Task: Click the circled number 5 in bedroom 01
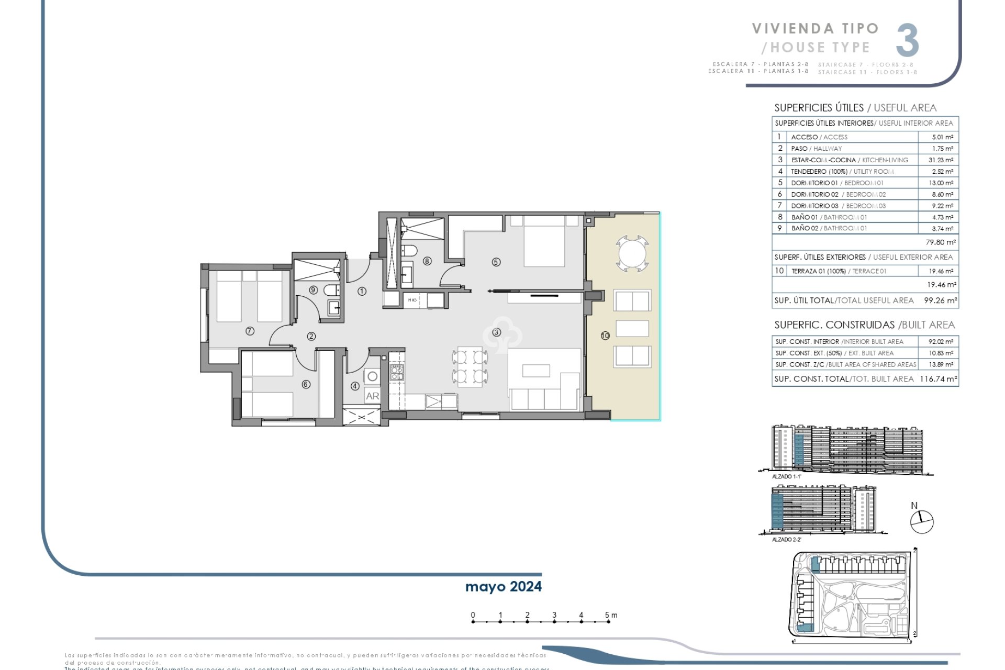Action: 496,262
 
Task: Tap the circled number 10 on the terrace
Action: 605,336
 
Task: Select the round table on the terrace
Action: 632,254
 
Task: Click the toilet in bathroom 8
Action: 409,251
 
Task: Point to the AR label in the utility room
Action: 372,396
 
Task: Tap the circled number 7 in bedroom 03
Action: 250,331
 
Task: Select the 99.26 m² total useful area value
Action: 940,300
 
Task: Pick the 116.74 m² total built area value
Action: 938,379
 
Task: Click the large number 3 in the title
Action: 907,41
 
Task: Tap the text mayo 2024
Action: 503,586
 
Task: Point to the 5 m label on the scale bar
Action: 610,615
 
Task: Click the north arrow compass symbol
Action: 922,521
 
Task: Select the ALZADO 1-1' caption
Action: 786,477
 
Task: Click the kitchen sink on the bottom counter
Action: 434,401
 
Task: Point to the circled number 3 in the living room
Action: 496,332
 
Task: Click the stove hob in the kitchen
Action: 397,372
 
